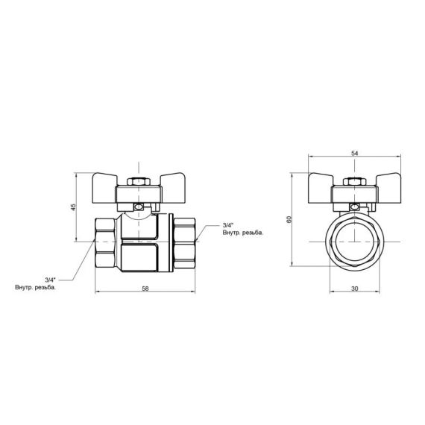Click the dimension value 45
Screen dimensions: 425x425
pyautogui.click(x=73, y=207)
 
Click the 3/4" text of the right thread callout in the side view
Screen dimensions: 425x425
pyautogui.click(x=228, y=224)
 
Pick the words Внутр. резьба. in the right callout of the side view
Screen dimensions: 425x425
pyautogui.click(x=242, y=233)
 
